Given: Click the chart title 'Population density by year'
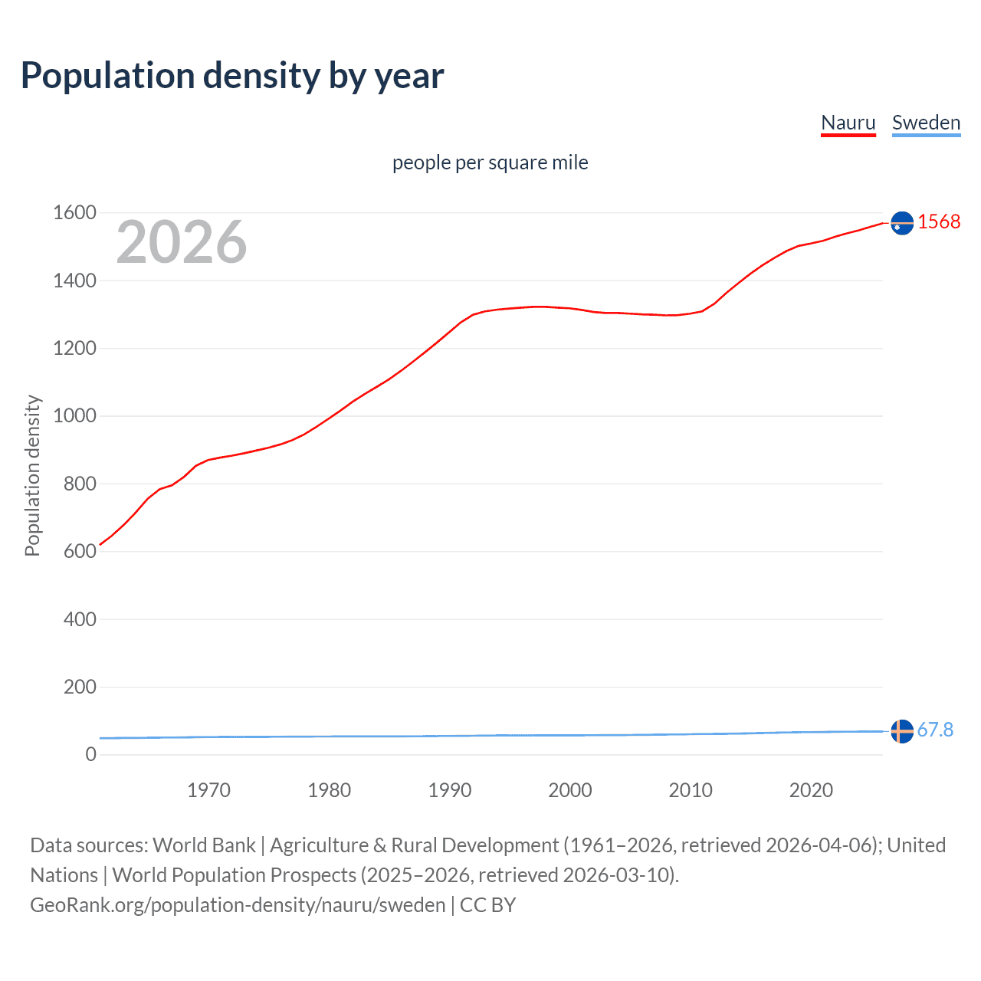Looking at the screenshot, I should pos(232,76).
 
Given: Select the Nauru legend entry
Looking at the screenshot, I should pos(848,123).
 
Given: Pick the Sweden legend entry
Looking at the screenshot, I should pos(926,123).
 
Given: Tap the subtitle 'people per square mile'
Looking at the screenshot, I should pos(490,162).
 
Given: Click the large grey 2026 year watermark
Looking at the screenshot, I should pos(182,242).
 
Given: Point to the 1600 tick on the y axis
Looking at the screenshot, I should pos(74,212).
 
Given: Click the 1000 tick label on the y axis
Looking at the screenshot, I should pos(74,415).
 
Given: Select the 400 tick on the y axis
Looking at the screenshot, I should pos(80,618).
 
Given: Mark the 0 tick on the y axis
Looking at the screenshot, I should pos(90,754).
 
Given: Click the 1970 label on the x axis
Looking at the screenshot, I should pos(208,790).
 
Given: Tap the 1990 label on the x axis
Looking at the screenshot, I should pos(450,790).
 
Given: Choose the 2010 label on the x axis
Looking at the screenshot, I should pos(691,790).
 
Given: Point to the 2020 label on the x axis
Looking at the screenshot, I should pos(811,790).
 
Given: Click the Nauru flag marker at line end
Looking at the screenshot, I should pos(902,223).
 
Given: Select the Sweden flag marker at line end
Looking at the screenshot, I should pos(902,731).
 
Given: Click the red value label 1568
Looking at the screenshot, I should pos(939,221).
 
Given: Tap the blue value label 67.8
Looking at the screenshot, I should pos(935,730).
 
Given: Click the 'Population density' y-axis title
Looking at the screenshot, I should pos(32,475).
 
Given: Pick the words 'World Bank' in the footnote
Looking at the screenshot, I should pos(204,845).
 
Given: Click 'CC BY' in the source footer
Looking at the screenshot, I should pos(487,904).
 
